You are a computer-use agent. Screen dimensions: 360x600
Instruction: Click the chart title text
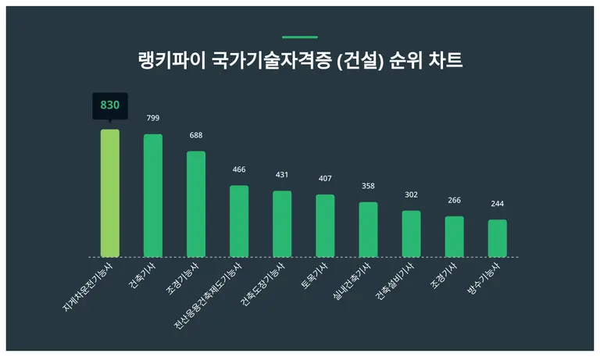pyautogui.click(x=300, y=61)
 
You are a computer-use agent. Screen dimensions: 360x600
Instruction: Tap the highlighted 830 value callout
pyautogui.click(x=109, y=105)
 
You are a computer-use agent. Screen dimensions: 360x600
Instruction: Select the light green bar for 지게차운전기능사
pyautogui.click(x=110, y=193)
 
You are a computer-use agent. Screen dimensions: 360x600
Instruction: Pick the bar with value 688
pyautogui.click(x=196, y=204)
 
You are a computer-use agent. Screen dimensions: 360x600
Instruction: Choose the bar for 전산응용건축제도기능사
pyautogui.click(x=239, y=221)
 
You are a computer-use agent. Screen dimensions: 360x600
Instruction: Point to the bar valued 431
pyautogui.click(x=282, y=223)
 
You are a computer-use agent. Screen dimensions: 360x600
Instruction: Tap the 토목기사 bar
pyautogui.click(x=325, y=226)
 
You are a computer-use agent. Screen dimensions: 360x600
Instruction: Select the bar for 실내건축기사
pyautogui.click(x=368, y=230)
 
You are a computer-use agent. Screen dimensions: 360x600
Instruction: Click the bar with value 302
pyautogui.click(x=411, y=233)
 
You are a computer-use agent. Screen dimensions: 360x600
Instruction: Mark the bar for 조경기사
pyautogui.click(x=455, y=237)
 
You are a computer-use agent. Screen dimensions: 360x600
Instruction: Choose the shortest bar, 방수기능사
pyautogui.click(x=498, y=238)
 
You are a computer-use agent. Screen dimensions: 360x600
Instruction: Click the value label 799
pyautogui.click(x=153, y=118)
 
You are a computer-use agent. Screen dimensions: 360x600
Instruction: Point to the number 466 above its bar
pyautogui.click(x=239, y=169)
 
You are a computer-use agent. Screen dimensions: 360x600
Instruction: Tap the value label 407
pyautogui.click(x=325, y=179)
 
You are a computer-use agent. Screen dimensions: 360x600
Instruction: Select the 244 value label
pyautogui.click(x=498, y=204)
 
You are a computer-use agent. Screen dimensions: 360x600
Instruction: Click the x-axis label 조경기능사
pyautogui.click(x=182, y=277)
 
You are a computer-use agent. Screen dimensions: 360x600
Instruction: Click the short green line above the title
pyautogui.click(x=300, y=37)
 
